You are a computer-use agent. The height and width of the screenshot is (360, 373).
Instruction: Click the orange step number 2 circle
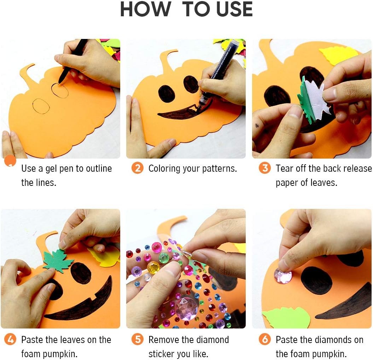coord(138,168)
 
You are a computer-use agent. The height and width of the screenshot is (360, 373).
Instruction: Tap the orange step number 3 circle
coord(265,168)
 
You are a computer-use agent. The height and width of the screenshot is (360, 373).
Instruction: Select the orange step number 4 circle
coord(11,339)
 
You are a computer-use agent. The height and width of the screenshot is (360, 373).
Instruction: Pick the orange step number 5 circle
coord(138,339)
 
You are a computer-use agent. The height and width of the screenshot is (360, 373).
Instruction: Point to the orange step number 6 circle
coord(265,339)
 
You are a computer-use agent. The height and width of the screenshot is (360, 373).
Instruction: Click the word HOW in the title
coord(146,9)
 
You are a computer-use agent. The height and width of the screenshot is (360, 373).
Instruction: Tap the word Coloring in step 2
coord(164,169)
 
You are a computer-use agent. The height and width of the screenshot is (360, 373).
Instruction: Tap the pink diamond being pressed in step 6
coord(283,276)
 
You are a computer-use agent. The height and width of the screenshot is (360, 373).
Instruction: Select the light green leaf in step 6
coord(283,317)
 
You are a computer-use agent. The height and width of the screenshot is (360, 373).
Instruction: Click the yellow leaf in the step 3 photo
coord(338,55)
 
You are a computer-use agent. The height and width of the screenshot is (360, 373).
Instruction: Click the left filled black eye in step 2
coord(167,93)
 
